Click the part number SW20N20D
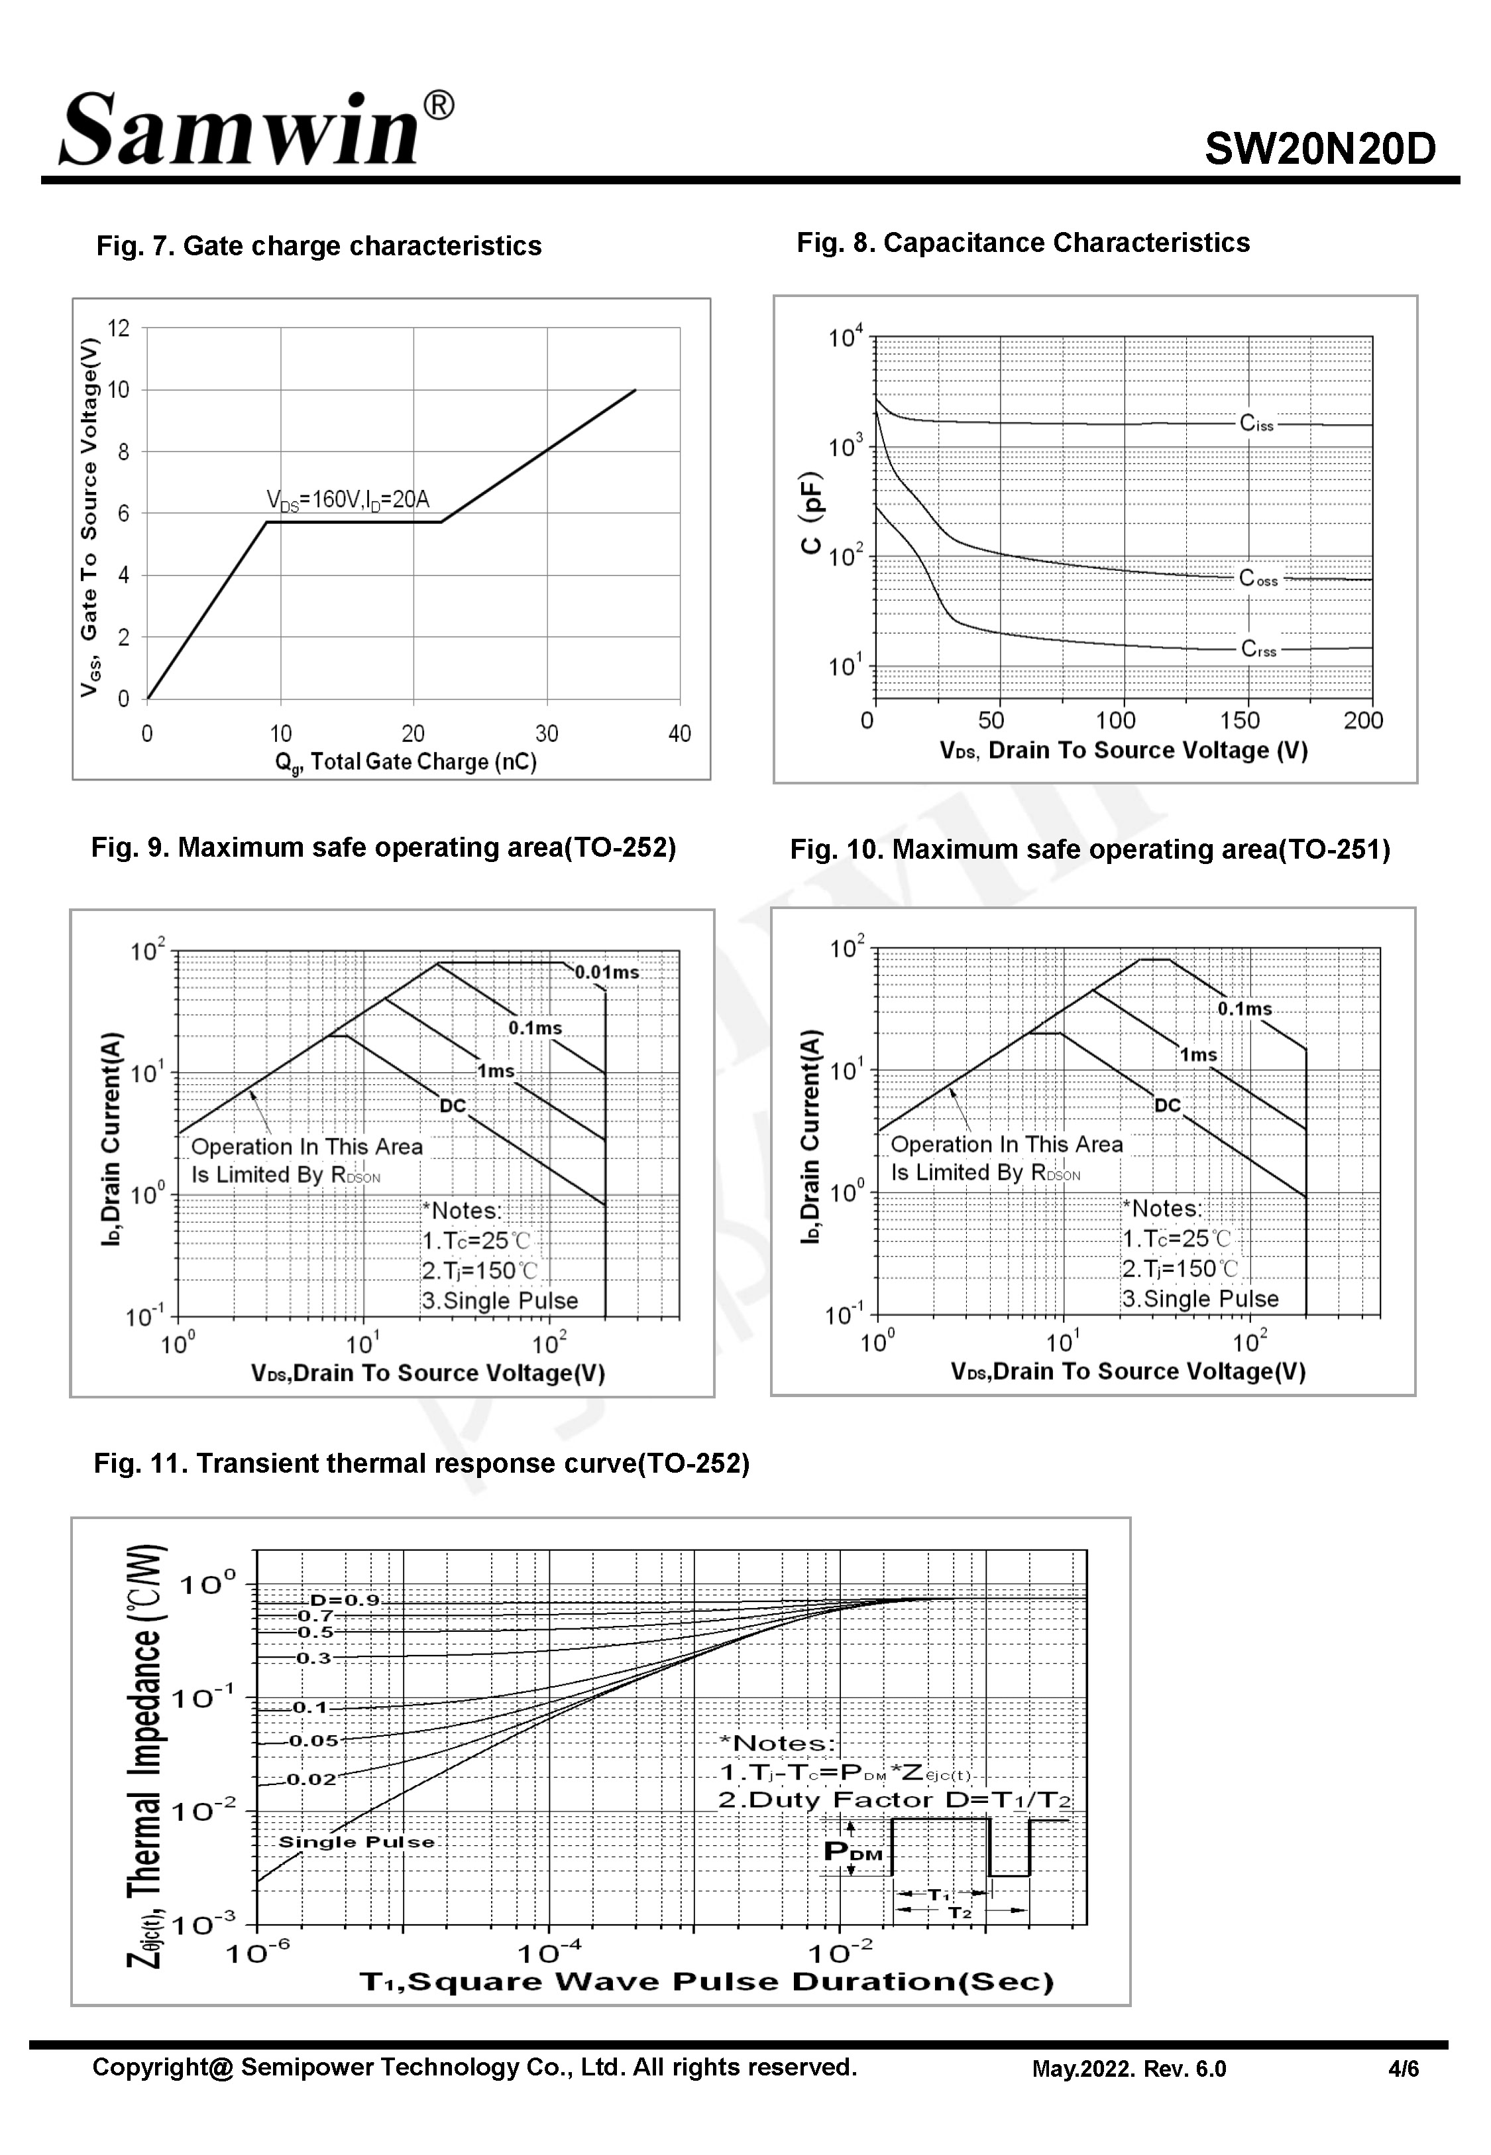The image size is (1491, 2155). point(1319,149)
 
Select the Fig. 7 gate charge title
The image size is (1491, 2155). point(319,246)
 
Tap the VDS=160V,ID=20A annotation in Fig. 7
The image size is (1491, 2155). point(347,500)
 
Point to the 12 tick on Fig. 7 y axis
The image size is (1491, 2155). point(119,328)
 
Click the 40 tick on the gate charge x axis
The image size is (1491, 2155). point(679,733)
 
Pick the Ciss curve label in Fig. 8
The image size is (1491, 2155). point(1256,423)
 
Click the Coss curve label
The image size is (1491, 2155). point(1258,578)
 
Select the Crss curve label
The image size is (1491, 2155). point(1258,648)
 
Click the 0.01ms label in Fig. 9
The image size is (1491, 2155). point(606,972)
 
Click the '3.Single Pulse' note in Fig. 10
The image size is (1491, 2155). point(1199,1299)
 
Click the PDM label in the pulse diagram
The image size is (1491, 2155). point(852,1851)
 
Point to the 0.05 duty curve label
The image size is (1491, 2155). point(313,1740)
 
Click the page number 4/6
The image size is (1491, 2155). point(1403,2068)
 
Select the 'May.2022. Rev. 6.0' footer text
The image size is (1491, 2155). point(1129,2068)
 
